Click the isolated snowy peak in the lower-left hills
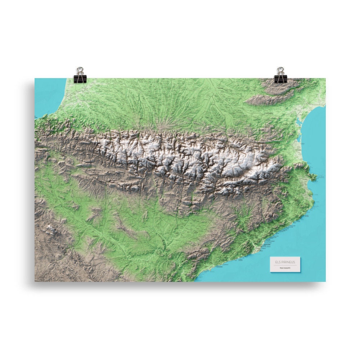[50, 228]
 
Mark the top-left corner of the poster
[35, 78]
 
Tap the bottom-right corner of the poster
[325, 281]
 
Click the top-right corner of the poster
[325, 78]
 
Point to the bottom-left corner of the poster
[35, 281]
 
